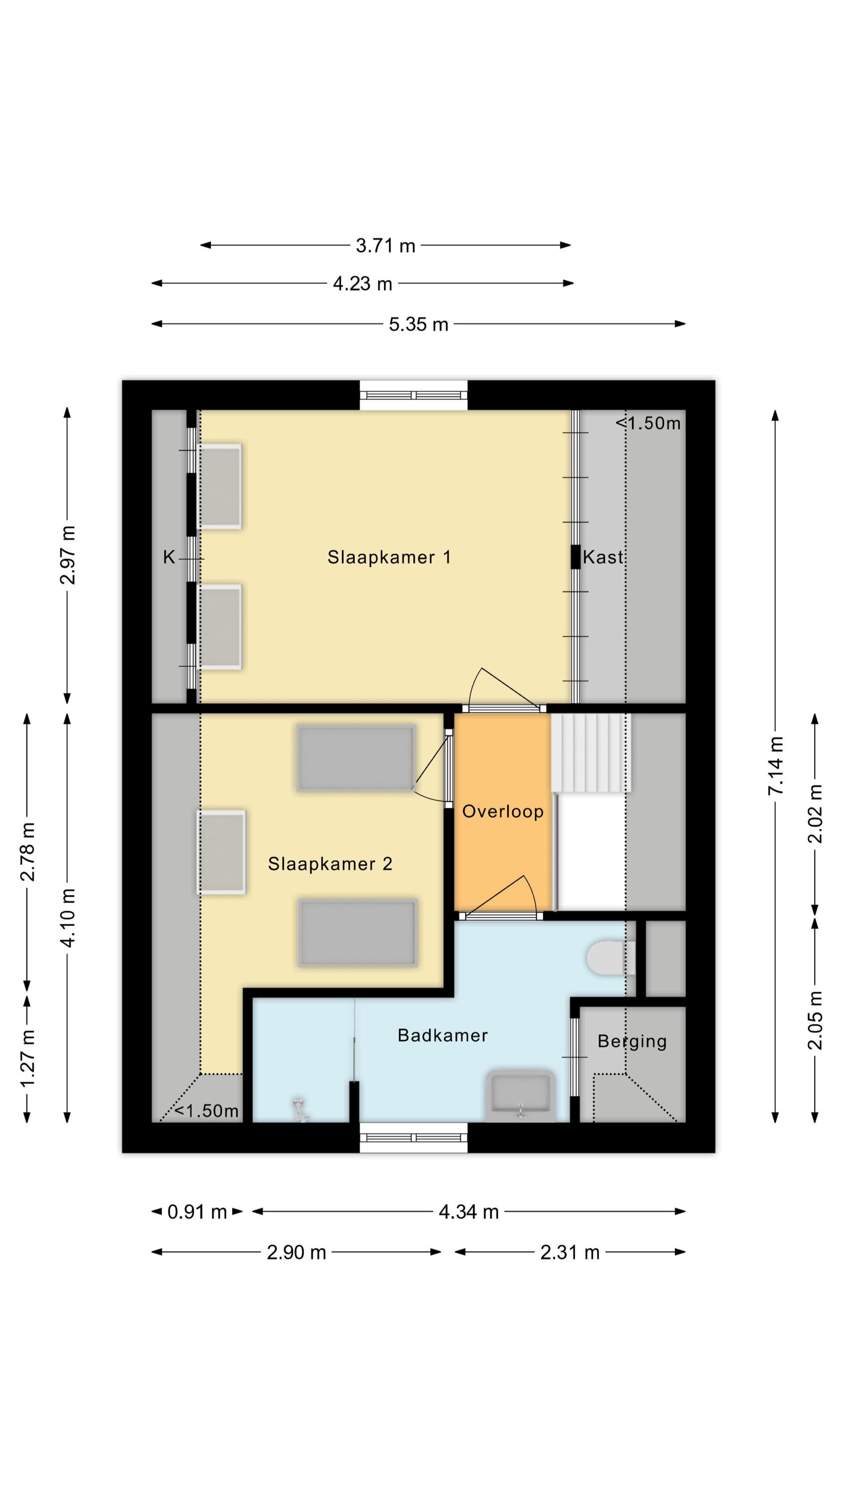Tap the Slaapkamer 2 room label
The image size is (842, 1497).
pos(330,864)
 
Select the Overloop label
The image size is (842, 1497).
pos(503,811)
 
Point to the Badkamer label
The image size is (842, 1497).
pos(442,1035)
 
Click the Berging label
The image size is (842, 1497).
pos(631,1041)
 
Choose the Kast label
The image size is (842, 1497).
pos(603,557)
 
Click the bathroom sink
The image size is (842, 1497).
pos(521,1095)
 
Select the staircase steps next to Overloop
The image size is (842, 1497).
pos(591,752)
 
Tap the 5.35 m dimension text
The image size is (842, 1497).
pos(419,324)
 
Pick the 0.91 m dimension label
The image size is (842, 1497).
pos(197,1212)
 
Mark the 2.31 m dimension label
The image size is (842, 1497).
pos(570,1252)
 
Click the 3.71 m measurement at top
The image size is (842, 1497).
pos(386,246)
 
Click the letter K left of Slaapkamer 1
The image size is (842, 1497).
pos(169,558)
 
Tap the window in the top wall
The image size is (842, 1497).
pos(413,395)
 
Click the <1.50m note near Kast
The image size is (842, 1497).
pos(648,423)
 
